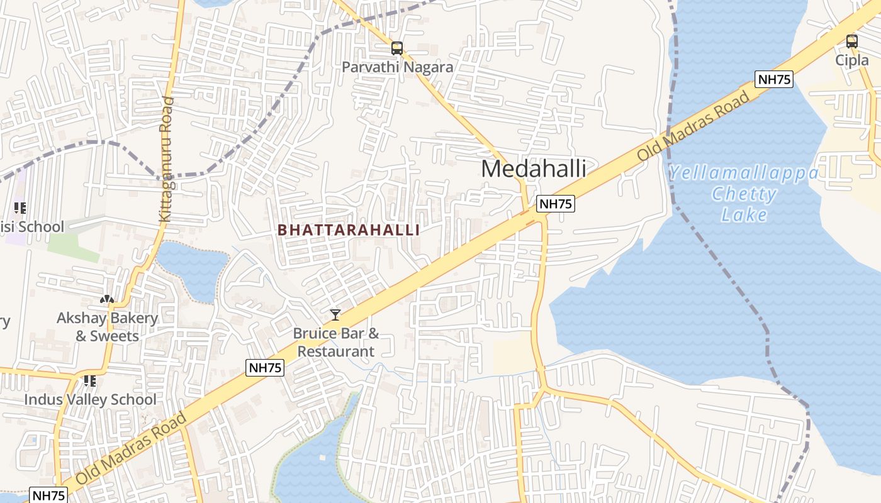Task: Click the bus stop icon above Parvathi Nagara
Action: pos(396,48)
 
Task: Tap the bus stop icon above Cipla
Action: pos(851,41)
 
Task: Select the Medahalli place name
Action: pos(534,169)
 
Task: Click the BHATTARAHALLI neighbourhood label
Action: pos(349,230)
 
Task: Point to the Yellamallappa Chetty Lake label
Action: pos(744,194)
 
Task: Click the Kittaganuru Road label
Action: pos(166,159)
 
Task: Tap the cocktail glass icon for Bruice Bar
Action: pos(335,314)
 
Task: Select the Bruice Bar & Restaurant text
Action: pos(336,342)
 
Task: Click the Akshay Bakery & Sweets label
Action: pos(107,326)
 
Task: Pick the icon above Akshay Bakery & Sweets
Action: pos(107,299)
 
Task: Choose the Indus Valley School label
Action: pos(90,399)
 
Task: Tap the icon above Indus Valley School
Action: pos(90,380)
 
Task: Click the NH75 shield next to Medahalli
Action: pos(556,204)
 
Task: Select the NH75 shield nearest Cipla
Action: pos(773,79)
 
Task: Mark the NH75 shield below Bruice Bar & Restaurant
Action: pos(265,368)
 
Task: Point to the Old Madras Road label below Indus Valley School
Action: pos(132,448)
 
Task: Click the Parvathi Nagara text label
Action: pos(397,67)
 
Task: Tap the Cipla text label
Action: pos(851,60)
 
